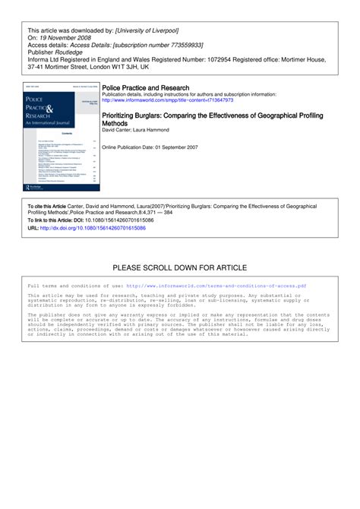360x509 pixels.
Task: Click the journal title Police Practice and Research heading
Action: [x=145, y=88]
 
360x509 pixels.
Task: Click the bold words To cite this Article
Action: [x=49, y=206]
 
